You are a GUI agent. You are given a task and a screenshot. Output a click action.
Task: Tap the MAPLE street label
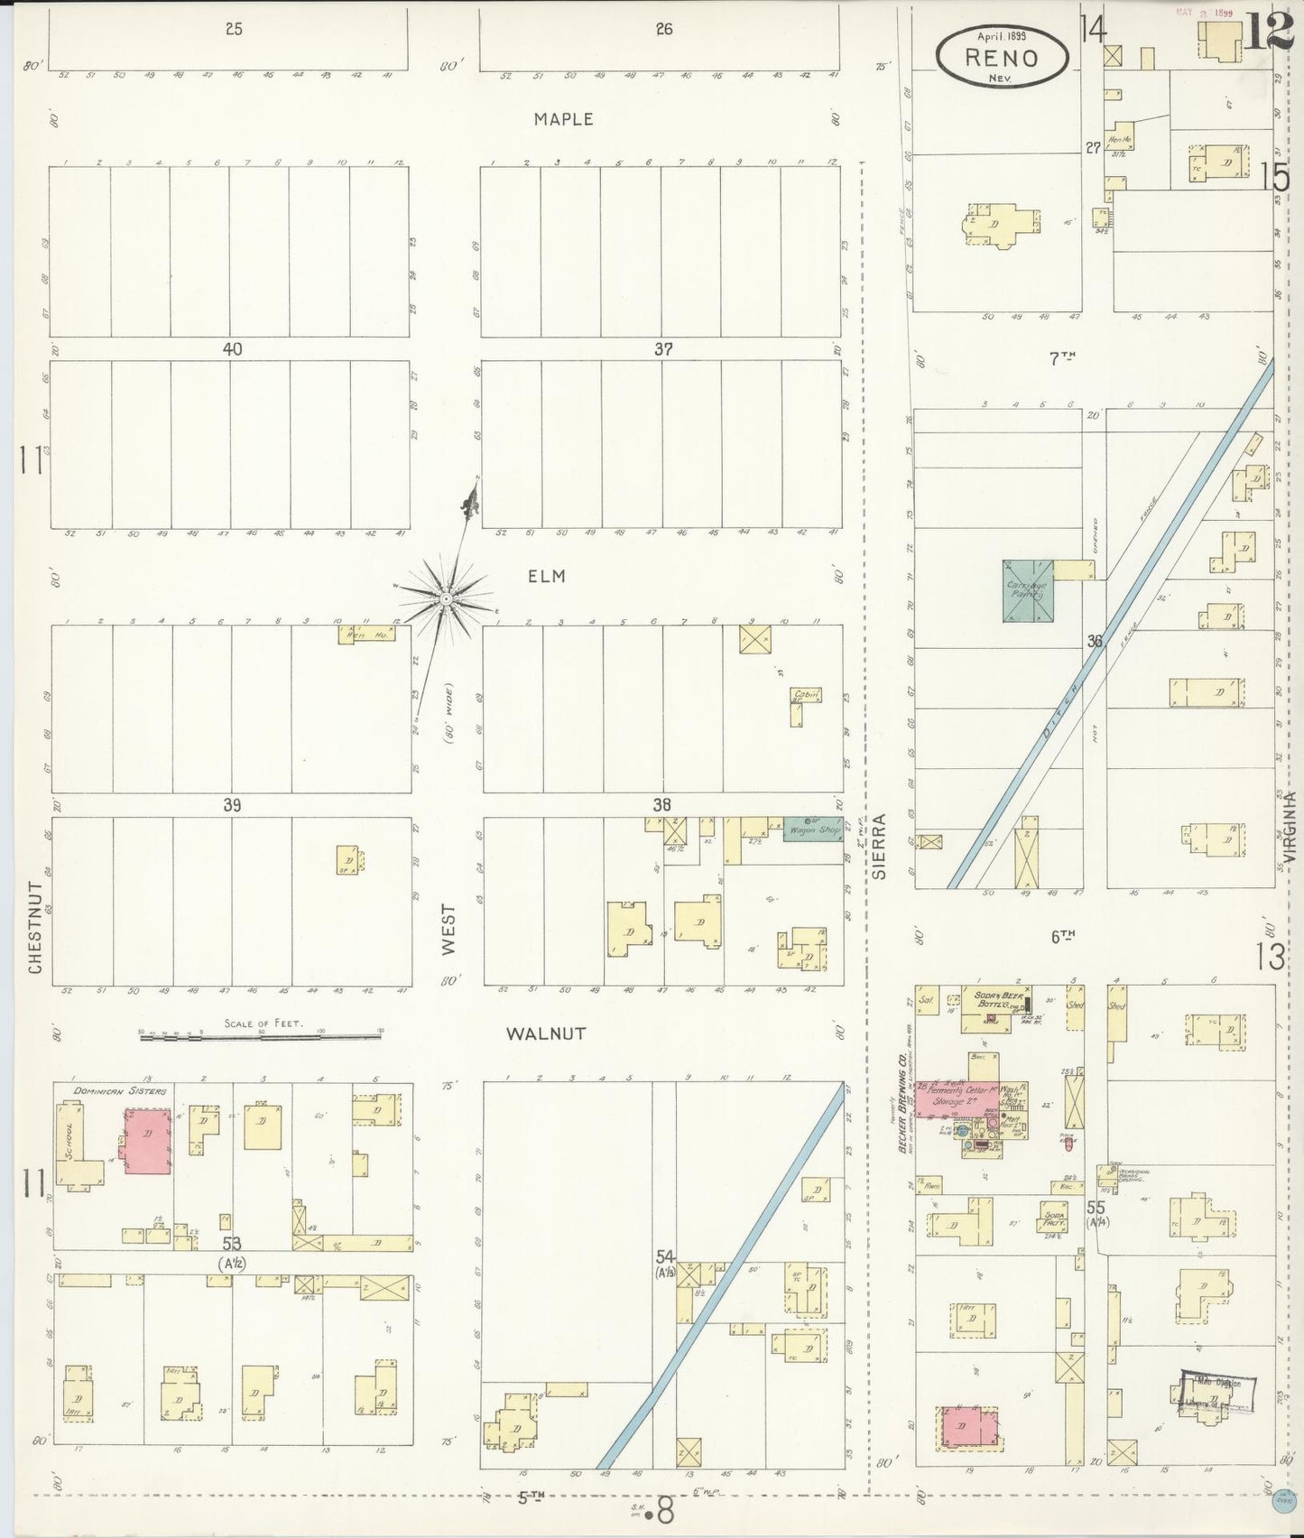tap(563, 119)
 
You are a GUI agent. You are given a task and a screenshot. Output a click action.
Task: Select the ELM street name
tap(547, 576)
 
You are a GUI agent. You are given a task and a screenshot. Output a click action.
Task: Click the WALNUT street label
tap(545, 1033)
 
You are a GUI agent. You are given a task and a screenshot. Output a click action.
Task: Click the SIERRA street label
tap(880, 846)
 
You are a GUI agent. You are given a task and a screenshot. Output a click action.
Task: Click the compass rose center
tap(446, 598)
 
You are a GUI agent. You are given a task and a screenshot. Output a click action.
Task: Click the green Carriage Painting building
tap(1028, 591)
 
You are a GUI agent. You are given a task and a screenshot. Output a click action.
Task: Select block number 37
tap(662, 349)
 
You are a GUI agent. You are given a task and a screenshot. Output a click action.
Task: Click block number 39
tap(232, 805)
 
